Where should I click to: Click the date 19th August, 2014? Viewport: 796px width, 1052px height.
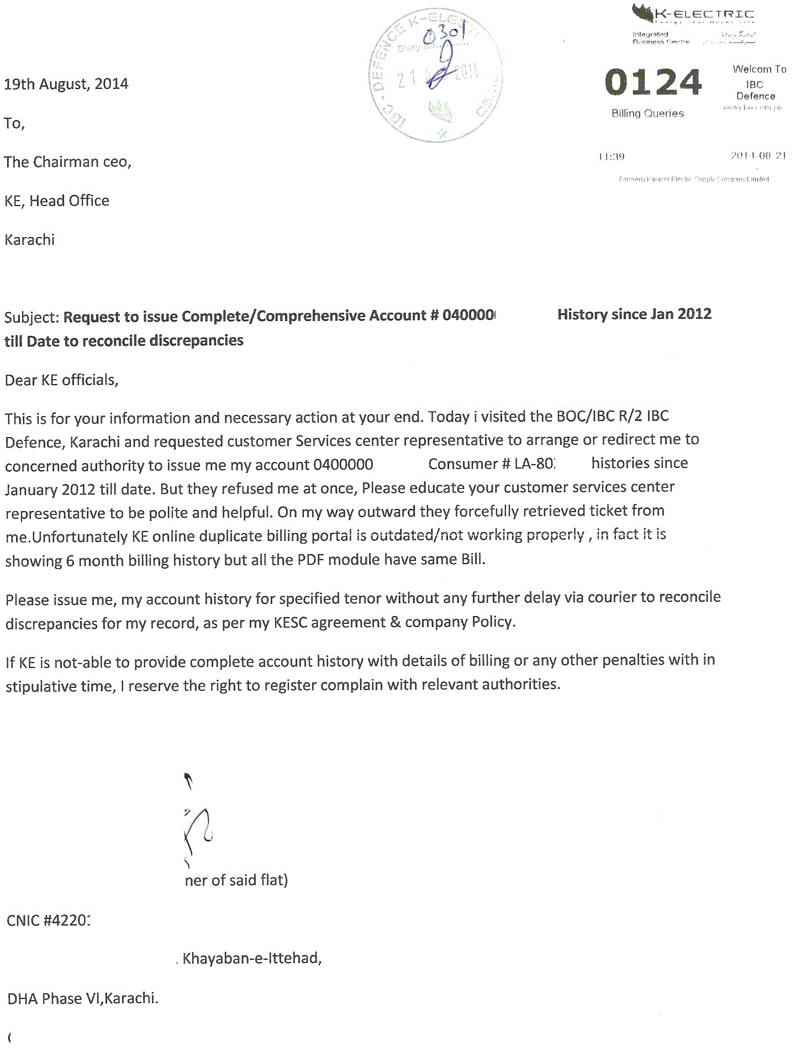[x=66, y=84]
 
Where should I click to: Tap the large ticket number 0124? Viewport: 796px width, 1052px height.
[x=653, y=83]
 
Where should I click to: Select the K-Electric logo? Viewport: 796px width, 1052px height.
[x=693, y=14]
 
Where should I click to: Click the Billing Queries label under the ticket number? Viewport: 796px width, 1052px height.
[x=647, y=113]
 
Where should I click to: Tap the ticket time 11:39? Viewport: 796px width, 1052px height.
[x=611, y=157]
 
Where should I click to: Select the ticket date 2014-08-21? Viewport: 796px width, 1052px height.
[x=758, y=156]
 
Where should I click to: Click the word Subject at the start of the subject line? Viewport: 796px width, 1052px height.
[x=30, y=318]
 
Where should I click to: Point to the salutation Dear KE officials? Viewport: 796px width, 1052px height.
[x=61, y=380]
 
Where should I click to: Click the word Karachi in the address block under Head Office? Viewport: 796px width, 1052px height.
[x=30, y=240]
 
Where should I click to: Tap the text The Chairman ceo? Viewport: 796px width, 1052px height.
[x=67, y=162]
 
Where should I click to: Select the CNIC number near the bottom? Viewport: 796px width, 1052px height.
[x=49, y=921]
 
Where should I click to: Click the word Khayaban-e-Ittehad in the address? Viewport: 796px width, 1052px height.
[x=252, y=958]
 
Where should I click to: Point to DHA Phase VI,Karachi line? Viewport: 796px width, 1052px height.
[x=83, y=998]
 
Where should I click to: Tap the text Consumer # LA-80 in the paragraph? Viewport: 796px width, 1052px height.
[x=491, y=464]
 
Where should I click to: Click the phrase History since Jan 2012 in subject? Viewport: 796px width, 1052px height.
[x=634, y=314]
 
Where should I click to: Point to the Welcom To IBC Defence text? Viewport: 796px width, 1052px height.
[x=757, y=82]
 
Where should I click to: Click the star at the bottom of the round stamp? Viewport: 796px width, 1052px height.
[x=442, y=134]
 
